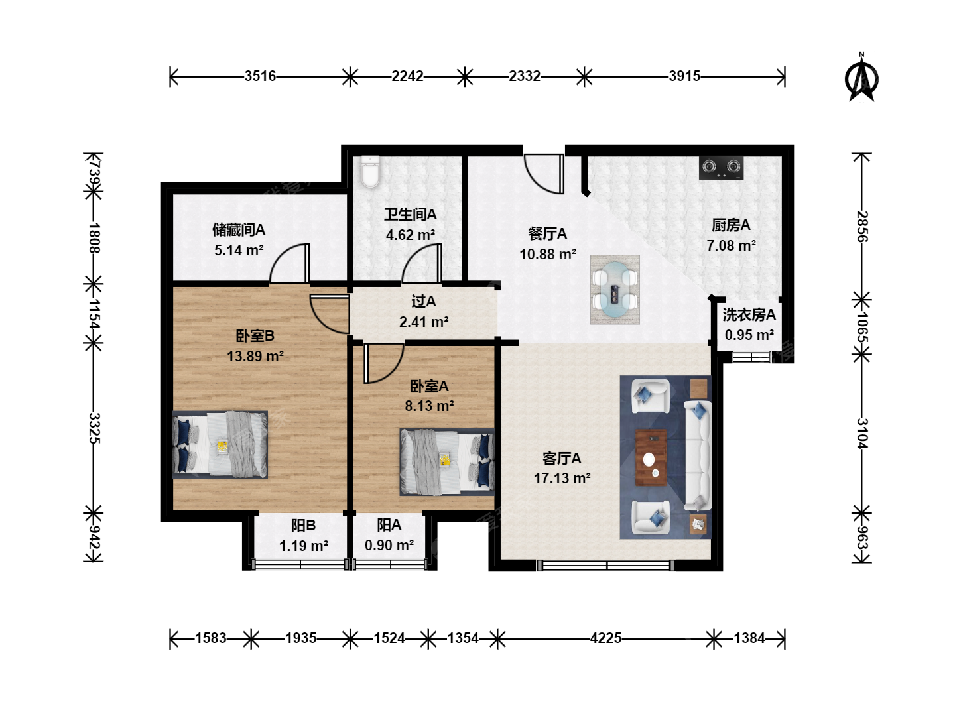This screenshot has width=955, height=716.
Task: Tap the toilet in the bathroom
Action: pos(370,172)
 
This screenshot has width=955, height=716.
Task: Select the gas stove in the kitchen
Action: pos(721,168)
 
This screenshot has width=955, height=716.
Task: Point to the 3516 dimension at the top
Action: pos(260,76)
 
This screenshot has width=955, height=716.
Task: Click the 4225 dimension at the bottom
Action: pos(605,638)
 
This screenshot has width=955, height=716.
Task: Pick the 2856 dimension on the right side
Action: pos(862,227)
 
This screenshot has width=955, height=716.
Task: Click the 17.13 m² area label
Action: pos(562,478)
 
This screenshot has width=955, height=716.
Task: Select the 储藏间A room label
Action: pos(239,229)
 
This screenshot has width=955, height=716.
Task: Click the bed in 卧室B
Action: pos(220,444)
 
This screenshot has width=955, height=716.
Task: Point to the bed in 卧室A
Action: pos(447,462)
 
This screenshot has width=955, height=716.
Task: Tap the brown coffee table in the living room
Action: pos(651,457)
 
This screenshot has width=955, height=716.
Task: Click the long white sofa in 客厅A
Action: pos(698,455)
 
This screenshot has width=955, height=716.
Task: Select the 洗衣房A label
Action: pos(749,315)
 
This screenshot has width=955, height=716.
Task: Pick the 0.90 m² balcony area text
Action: pos(389,545)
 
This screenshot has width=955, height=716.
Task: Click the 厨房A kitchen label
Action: pos(731,225)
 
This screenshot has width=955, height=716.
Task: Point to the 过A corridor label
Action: pos(423,301)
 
